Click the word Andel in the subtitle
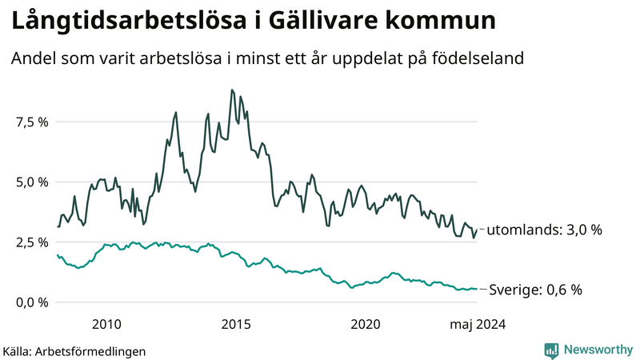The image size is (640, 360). coord(33,58)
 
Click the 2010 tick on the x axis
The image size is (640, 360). coord(106,324)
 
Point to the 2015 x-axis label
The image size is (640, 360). coord(236,324)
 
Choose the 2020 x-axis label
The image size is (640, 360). coord(366,324)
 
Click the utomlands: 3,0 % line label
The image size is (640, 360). coord(544,230)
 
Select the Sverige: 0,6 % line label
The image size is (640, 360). coord(535,290)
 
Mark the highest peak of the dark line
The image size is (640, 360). coord(231,90)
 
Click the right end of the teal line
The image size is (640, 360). coord(477,289)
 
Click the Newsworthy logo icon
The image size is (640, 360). coord(551,350)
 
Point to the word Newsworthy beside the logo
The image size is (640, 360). coord(598,350)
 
